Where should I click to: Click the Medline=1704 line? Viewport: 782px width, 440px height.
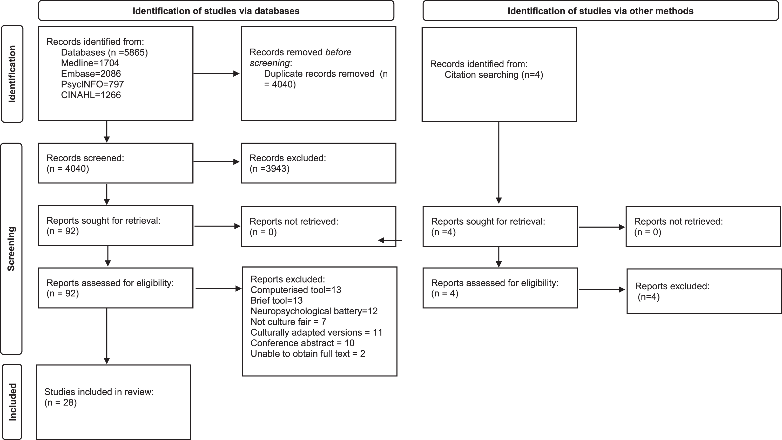[90, 63]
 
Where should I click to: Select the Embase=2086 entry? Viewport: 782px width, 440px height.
[91, 74]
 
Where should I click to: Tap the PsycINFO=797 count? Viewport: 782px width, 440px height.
[92, 84]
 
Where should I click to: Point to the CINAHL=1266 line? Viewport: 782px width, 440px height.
[91, 95]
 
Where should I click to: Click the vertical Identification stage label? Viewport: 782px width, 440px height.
[12, 74]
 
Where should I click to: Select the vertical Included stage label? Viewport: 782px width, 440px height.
[12, 402]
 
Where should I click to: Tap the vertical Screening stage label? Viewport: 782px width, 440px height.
[11, 249]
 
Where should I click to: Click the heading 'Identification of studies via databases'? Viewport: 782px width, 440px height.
[216, 11]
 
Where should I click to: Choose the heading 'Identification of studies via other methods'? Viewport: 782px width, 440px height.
[601, 11]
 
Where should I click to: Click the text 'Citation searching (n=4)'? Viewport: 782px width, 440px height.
[494, 75]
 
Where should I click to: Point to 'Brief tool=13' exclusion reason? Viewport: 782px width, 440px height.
[277, 300]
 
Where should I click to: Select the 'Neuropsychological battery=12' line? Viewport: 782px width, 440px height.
[314, 311]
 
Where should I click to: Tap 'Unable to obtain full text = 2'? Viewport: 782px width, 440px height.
[308, 354]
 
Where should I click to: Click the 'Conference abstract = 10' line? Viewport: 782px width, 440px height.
[302, 343]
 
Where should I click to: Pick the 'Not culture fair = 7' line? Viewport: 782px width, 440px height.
[288, 322]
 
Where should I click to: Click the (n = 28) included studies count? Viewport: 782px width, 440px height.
[60, 402]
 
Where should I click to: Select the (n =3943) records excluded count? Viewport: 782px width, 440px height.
[269, 169]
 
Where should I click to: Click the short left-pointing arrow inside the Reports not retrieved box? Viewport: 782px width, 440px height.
[390, 240]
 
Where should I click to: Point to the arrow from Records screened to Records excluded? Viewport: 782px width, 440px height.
[216, 162]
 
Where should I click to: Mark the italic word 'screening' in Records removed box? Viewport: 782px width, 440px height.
[269, 63]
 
